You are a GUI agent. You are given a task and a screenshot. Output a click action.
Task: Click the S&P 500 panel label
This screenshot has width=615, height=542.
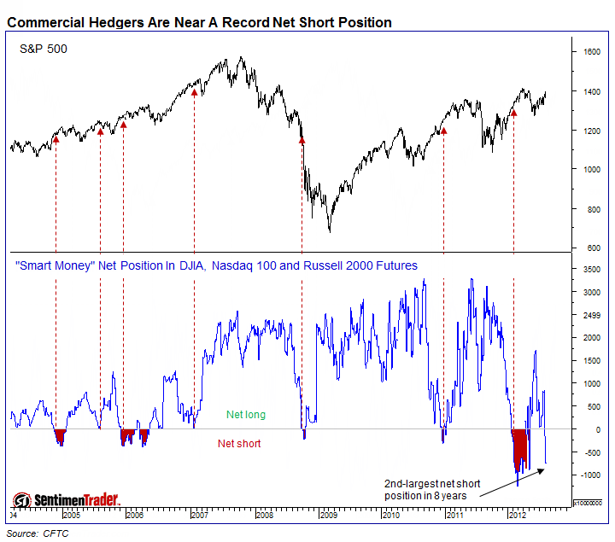[44, 50]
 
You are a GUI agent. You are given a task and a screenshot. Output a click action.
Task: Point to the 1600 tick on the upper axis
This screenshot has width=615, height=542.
[593, 52]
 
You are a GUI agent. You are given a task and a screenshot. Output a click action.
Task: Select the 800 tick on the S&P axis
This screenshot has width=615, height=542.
[590, 209]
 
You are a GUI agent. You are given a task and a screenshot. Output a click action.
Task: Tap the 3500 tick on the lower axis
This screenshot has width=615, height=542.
[593, 270]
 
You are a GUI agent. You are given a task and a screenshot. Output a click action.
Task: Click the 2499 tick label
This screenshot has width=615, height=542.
[593, 315]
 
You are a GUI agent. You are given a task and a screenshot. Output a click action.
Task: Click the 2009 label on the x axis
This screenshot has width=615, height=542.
[327, 516]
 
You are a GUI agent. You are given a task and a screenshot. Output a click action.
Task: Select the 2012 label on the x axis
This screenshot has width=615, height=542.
[516, 516]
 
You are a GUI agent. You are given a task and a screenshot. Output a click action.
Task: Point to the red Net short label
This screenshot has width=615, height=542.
[239, 444]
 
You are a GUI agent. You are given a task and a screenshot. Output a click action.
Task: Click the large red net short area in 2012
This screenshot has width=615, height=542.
[519, 448]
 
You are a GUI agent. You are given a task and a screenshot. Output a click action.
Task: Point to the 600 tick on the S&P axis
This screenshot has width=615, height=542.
[590, 248]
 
